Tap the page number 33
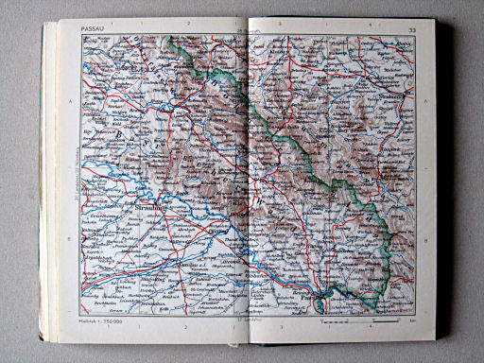coord(411,31)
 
